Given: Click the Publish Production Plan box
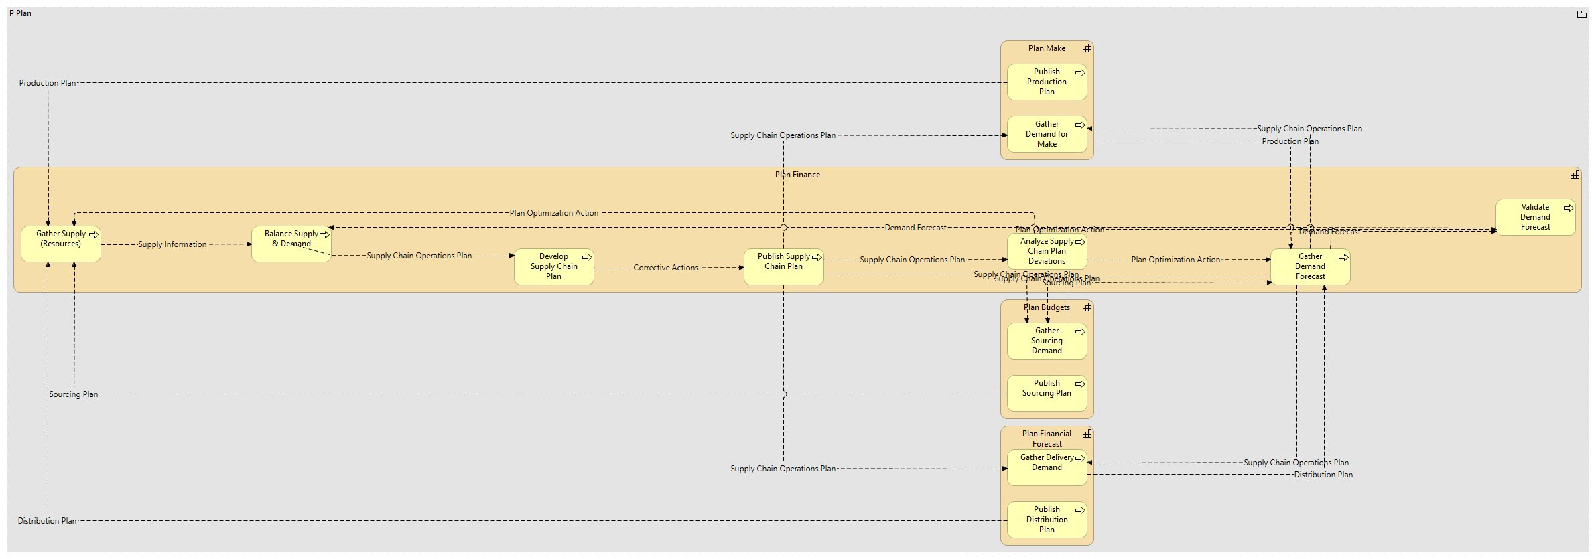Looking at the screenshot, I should pyautogui.click(x=1047, y=82).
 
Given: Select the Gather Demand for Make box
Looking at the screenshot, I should pyautogui.click(x=1047, y=135).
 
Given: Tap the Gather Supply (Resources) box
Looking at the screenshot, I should pyautogui.click(x=60, y=244).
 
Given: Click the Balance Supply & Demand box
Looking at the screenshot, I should pyautogui.click(x=291, y=244).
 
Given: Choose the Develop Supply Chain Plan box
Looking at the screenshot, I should pyautogui.click(x=553, y=267).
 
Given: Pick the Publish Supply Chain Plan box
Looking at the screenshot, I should pyautogui.click(x=783, y=267).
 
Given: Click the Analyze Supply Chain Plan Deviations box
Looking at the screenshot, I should pyautogui.click(x=1047, y=252).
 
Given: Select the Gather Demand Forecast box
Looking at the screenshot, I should pyautogui.click(x=1310, y=267).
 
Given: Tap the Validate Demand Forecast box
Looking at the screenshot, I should pyautogui.click(x=1535, y=218).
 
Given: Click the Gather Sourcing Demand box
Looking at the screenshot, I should pyautogui.click(x=1047, y=341).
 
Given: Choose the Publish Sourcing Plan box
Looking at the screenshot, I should pyautogui.click(x=1047, y=394).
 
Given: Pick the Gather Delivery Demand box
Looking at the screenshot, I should pyautogui.click(x=1047, y=468).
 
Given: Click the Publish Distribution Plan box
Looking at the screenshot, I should pyautogui.click(x=1047, y=520).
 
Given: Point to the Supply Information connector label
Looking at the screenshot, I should pyautogui.click(x=172, y=244).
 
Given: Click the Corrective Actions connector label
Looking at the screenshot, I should pyautogui.click(x=665, y=268).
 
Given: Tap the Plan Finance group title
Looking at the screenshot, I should pyautogui.click(x=797, y=175).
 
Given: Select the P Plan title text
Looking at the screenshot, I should pyautogui.click(x=20, y=13).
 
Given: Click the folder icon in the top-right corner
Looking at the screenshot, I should pyautogui.click(x=1581, y=14).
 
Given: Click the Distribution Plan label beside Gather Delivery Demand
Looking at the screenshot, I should pyautogui.click(x=1323, y=475).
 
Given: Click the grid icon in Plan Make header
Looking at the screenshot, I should pyautogui.click(x=1087, y=48).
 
